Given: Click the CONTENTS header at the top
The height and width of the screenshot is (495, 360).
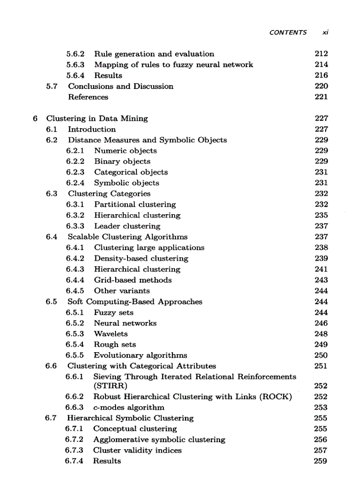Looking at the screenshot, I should pyautogui.click(x=288, y=32).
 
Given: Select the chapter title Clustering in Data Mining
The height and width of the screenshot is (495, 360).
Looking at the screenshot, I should pyautogui.click(x=97, y=118).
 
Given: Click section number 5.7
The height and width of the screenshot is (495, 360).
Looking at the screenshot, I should pyautogui.click(x=52, y=86).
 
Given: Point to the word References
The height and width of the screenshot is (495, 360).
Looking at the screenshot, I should pyautogui.click(x=88, y=97).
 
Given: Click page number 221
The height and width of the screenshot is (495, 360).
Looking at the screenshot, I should pyautogui.click(x=321, y=97).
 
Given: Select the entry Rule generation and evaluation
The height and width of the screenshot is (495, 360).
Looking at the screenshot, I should pyautogui.click(x=154, y=54).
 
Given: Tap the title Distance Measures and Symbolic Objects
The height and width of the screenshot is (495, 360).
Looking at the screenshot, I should pyautogui.click(x=147, y=140).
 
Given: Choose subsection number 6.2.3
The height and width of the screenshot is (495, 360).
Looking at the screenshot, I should pyautogui.click(x=75, y=172).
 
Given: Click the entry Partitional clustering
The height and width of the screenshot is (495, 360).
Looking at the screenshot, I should pyautogui.click(x=135, y=205).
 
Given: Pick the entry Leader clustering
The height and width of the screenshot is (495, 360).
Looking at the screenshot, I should pyautogui.click(x=127, y=226).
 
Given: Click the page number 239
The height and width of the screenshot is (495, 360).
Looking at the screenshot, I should pyautogui.click(x=321, y=258).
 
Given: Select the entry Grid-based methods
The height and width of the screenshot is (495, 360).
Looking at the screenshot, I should pyautogui.click(x=133, y=280).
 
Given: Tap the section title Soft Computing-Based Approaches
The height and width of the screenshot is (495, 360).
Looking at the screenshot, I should pyautogui.click(x=135, y=301).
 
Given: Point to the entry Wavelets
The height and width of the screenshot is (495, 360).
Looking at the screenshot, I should pyautogui.click(x=110, y=334).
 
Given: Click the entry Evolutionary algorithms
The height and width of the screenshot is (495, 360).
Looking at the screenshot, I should pyautogui.click(x=140, y=355).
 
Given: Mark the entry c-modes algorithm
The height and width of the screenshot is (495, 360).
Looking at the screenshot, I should pyautogui.click(x=128, y=407).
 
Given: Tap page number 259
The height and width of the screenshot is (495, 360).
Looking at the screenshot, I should pyautogui.click(x=321, y=461).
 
